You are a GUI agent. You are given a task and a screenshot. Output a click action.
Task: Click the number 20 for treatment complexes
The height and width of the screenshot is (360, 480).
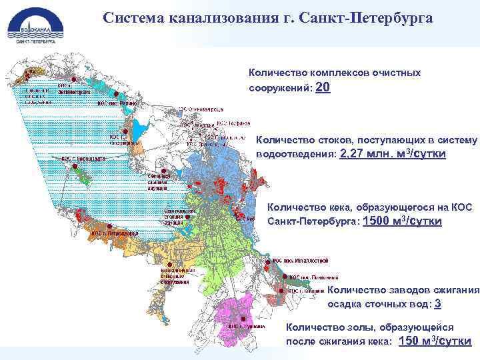(322, 88)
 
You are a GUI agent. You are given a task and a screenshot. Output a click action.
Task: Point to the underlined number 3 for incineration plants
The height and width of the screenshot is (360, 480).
(437, 303)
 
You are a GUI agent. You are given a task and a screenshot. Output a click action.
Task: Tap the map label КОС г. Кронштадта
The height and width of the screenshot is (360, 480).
(83, 159)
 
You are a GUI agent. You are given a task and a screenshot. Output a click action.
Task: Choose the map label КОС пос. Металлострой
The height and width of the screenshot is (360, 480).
(301, 261)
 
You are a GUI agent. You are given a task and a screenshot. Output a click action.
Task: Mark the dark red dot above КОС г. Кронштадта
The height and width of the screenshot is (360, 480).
(75, 153)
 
